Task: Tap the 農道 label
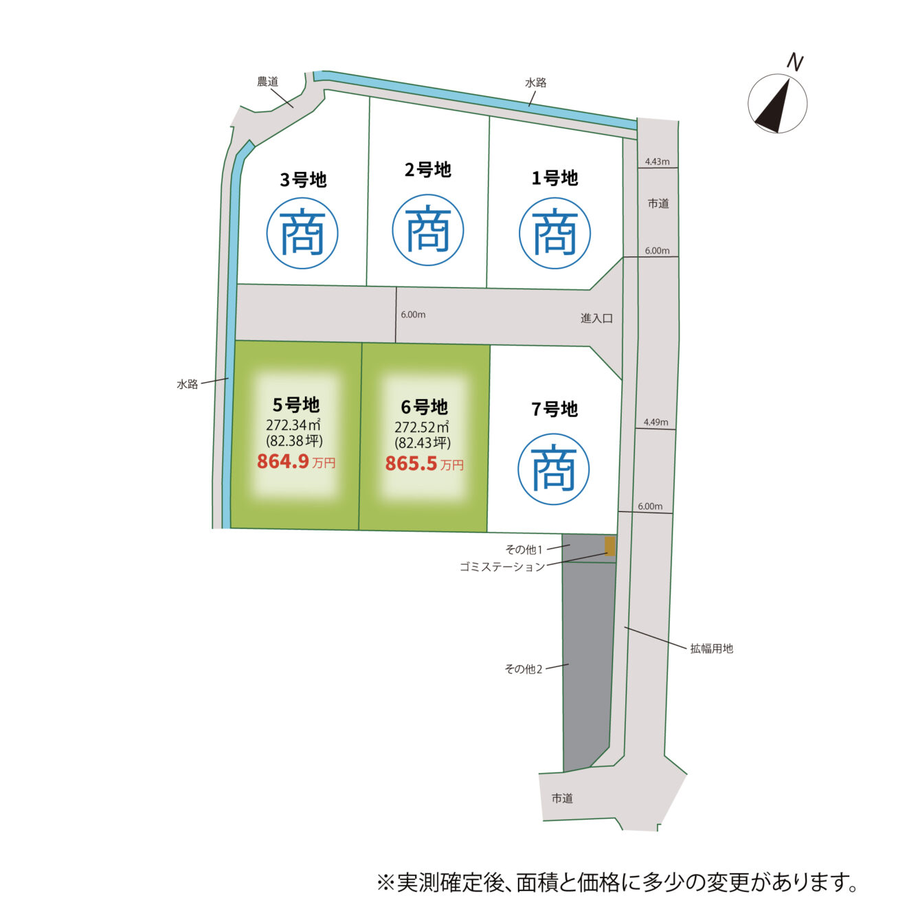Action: [267, 82]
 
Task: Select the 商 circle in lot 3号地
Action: [302, 233]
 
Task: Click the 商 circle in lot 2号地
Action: [428, 230]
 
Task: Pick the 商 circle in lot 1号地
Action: [555, 233]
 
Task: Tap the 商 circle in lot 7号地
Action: [553, 469]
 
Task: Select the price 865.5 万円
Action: [424, 464]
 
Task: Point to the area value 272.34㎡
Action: [294, 425]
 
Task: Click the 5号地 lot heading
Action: [296, 405]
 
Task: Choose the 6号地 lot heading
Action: [424, 407]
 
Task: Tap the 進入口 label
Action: [596, 318]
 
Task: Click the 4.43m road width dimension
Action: [657, 161]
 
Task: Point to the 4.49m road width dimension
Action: [656, 422]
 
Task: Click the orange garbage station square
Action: [609, 546]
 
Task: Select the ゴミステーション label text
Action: [502, 567]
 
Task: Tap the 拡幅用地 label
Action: [711, 648]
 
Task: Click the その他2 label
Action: [524, 669]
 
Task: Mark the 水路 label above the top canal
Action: [536, 82]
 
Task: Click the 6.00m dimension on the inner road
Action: [413, 315]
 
